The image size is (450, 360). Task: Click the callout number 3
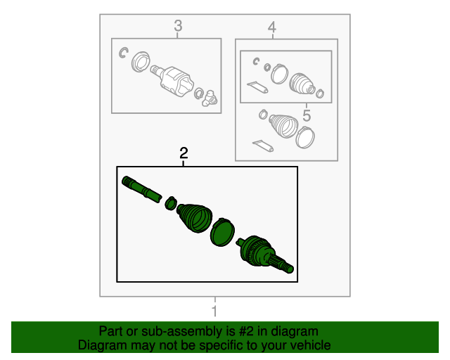(x=178, y=26)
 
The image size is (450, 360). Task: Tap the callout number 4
(x=272, y=27)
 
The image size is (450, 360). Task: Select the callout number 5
(x=307, y=115)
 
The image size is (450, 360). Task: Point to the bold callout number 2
(x=184, y=153)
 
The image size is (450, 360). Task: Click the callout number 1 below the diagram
(x=214, y=311)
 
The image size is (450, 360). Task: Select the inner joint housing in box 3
(x=175, y=82)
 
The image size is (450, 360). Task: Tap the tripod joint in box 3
(x=210, y=98)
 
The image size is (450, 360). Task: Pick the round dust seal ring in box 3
(x=141, y=62)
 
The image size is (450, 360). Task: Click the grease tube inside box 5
(x=257, y=87)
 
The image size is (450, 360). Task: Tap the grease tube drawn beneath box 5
(x=262, y=146)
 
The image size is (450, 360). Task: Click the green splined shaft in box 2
(x=142, y=189)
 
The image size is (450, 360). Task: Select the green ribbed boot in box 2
(x=195, y=218)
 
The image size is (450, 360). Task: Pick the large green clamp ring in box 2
(x=222, y=233)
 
